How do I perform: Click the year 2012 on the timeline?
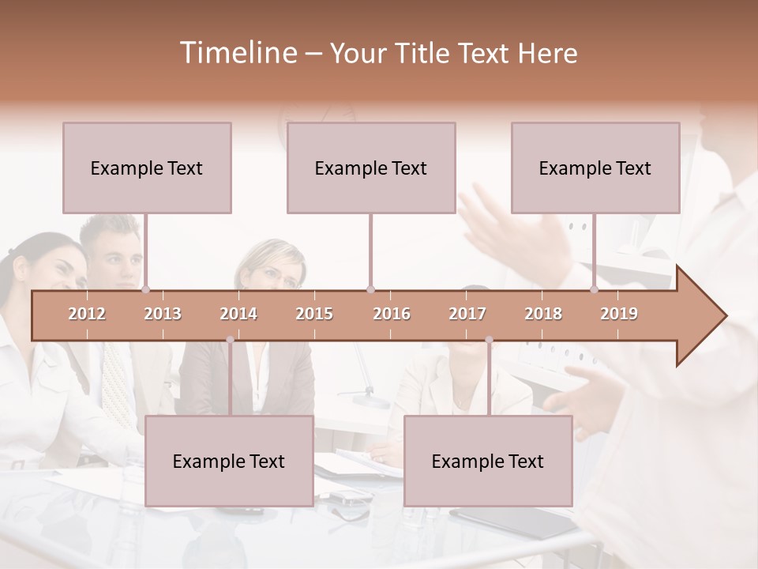pos(87,314)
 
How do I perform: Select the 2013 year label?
pos(163,314)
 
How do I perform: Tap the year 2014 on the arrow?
pos(238,314)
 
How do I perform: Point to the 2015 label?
pos(314,314)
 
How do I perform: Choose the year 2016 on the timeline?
pos(392,314)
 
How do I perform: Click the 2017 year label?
pos(467,314)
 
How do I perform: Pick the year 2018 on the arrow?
pos(543,314)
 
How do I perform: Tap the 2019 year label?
pos(619,314)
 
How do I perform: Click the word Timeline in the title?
pos(237,53)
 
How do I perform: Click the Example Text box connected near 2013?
pos(147,168)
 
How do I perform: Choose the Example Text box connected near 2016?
pos(371,168)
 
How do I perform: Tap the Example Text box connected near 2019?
pos(595,168)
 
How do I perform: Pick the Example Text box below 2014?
pos(229,461)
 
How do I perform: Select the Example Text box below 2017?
pos(488,461)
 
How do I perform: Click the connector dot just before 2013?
pos(145,290)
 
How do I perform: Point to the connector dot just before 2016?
pos(370,290)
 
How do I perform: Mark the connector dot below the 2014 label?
pos(230,340)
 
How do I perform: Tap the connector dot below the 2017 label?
pos(489,340)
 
